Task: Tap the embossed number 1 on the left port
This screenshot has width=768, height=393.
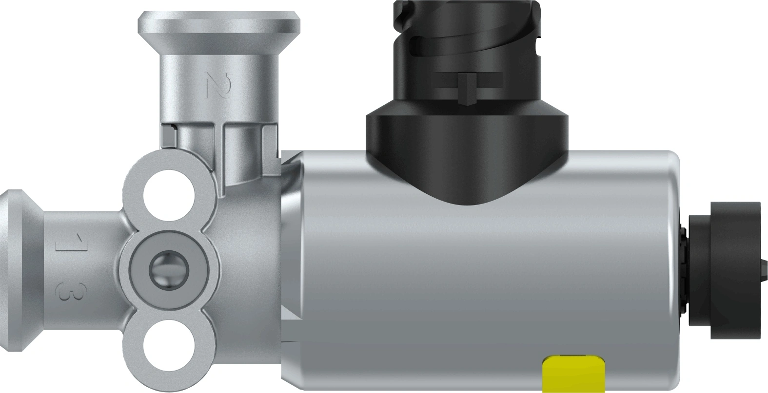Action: pyautogui.click(x=65, y=242)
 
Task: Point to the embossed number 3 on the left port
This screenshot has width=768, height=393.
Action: pyautogui.click(x=65, y=291)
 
